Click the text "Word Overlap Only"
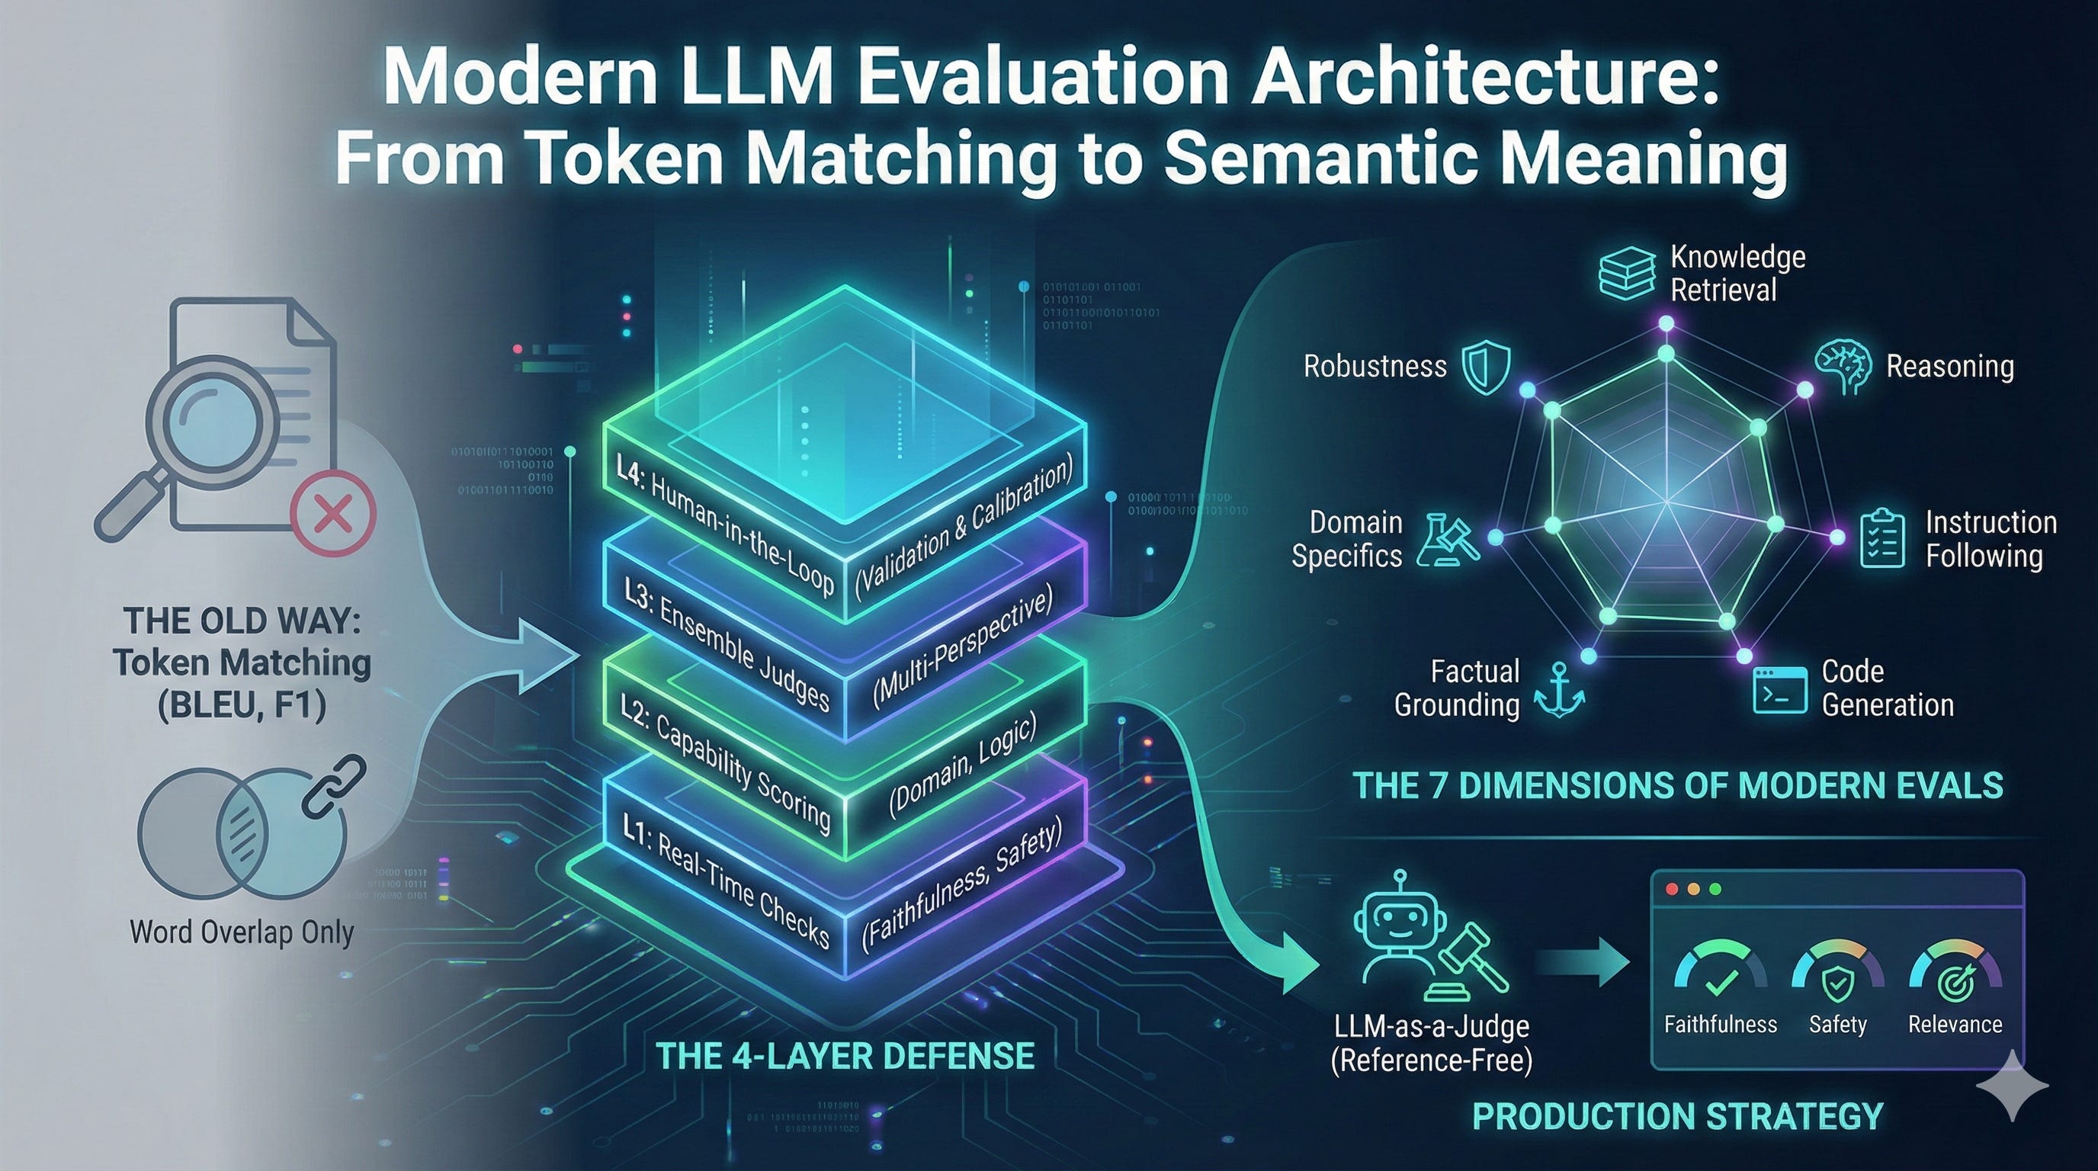(242, 932)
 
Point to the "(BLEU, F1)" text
(242, 705)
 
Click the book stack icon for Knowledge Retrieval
(1626, 274)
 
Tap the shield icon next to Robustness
(1487, 368)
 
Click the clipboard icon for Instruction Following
(1882, 537)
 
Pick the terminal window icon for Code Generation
(1775, 690)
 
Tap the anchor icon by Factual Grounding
(1559, 691)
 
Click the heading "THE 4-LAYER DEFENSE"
(845, 1056)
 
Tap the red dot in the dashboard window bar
(1673, 889)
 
